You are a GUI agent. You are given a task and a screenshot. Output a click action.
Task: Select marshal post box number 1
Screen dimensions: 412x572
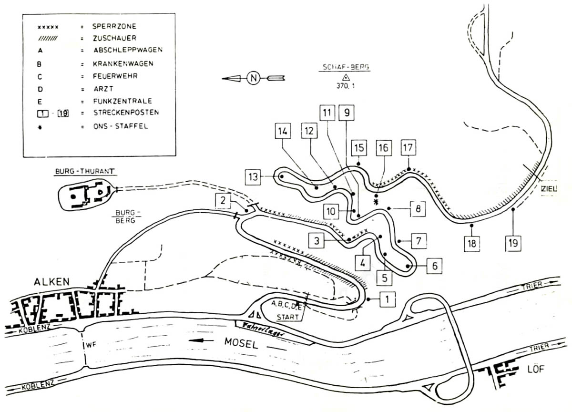tap(388, 299)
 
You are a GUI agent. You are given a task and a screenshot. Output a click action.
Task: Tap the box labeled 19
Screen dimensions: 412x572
tap(513, 243)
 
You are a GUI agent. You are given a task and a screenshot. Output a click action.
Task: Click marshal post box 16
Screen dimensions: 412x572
tap(383, 148)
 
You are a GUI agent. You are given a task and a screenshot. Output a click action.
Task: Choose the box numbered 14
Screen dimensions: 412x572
tap(283, 132)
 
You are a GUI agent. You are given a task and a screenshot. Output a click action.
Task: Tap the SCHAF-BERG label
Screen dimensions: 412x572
tap(346, 68)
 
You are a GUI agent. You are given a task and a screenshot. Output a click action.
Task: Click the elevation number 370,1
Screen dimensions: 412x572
tap(346, 86)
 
